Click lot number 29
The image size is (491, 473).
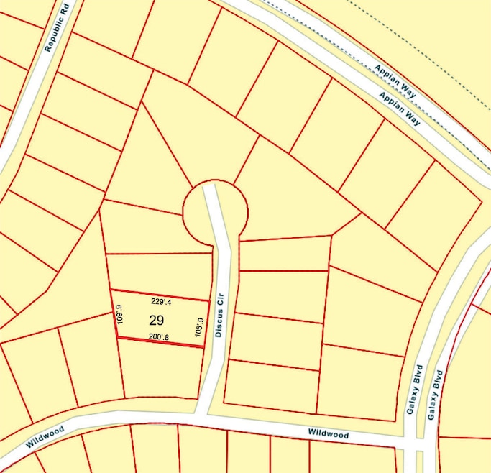(x=157, y=319)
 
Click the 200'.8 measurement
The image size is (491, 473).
(x=159, y=336)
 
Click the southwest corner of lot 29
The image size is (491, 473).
(x=116, y=338)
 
